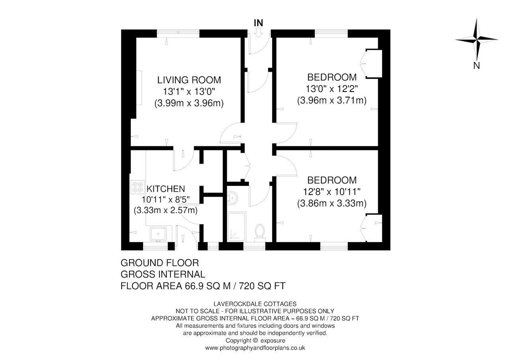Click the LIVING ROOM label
[189, 80]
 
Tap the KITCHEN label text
[165, 189]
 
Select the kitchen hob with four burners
[137, 187]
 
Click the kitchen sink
[158, 234]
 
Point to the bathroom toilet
[260, 233]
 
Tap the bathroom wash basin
[232, 198]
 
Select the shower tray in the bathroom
[237, 227]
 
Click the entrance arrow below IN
[259, 32]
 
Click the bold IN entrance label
[259, 23]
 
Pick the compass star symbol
[476, 40]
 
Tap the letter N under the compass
[476, 66]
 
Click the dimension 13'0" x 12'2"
[332, 89]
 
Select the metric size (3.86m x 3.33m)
[332, 203]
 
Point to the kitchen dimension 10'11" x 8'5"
[165, 200]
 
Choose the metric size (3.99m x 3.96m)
[189, 103]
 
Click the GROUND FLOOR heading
[160, 263]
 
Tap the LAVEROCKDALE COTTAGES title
[255, 304]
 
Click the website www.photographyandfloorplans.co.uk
[255, 348]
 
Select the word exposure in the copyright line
[273, 340]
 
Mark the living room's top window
[178, 33]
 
